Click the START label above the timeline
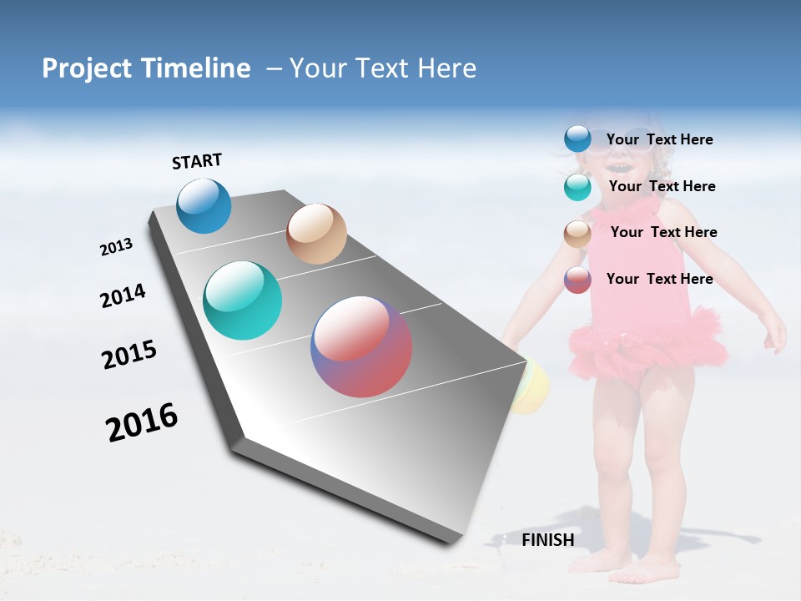(197, 161)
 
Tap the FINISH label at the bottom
(547, 540)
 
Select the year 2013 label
(116, 247)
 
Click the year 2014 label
(123, 295)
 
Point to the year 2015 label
(128, 354)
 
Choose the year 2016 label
(142, 422)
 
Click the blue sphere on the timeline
(204, 206)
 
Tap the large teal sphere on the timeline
(243, 300)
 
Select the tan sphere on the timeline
(316, 234)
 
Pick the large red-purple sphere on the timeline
(361, 346)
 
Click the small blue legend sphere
(577, 139)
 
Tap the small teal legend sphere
(577, 187)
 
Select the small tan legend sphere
(577, 234)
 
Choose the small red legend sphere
(577, 280)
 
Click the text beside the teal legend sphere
(662, 186)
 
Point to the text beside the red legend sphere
(659, 279)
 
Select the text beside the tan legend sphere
(663, 232)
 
